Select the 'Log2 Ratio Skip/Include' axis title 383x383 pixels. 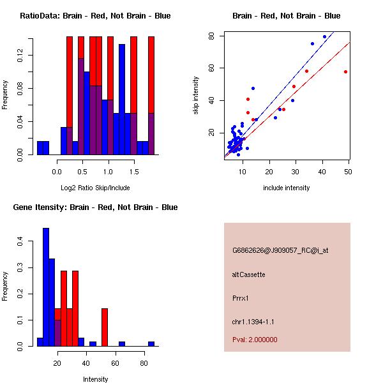(x=94, y=188)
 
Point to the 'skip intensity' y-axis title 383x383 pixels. (x=197, y=96)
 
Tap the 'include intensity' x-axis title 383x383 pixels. (x=286, y=188)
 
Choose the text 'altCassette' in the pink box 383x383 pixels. (x=248, y=274)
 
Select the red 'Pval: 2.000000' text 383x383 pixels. (x=255, y=340)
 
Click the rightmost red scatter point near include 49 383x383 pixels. (x=345, y=71)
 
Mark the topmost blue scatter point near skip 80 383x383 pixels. (x=324, y=36)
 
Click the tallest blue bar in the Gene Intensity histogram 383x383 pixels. (x=46, y=287)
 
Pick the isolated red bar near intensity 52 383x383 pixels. (x=105, y=327)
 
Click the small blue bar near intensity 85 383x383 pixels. (x=151, y=343)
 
